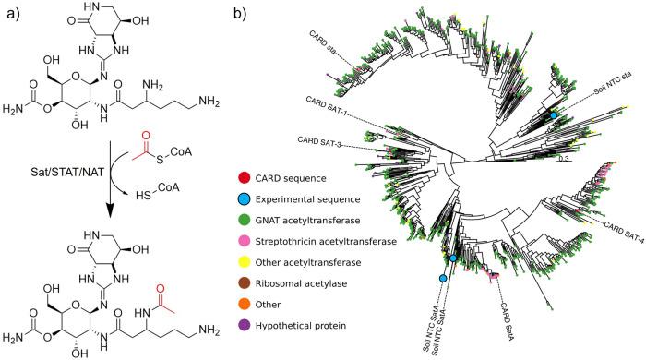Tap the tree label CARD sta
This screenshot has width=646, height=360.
(x=321, y=44)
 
